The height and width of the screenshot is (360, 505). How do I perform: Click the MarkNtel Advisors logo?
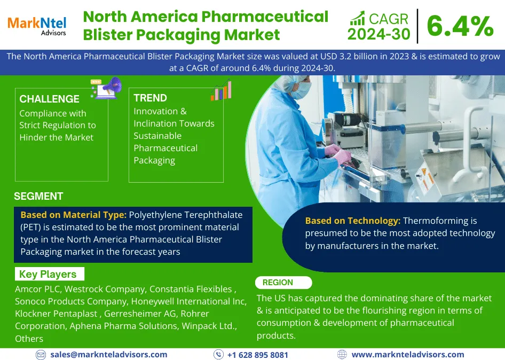[x=37, y=26]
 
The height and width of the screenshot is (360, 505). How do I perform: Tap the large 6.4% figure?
[x=460, y=26]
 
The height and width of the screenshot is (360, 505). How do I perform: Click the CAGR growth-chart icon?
[x=358, y=18]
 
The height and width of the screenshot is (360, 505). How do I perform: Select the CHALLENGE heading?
[x=49, y=99]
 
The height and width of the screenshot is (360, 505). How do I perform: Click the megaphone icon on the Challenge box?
[x=106, y=88]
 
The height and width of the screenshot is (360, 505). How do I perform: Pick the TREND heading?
[x=151, y=98]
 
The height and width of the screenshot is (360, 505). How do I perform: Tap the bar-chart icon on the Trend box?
[x=221, y=90]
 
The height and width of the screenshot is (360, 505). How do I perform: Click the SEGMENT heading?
[x=38, y=196]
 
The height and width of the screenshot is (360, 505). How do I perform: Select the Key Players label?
[x=48, y=274]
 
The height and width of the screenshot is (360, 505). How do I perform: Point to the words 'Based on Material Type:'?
[x=74, y=215]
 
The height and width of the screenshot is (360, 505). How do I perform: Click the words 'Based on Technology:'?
[x=353, y=221]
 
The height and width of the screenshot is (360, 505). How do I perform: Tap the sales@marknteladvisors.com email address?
[x=109, y=355]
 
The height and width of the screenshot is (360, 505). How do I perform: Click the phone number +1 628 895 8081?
[x=258, y=355]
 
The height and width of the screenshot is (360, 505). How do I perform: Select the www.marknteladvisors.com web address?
[x=408, y=355]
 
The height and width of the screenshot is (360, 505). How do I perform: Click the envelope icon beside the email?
[x=41, y=355]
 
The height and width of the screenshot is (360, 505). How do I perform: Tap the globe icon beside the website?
[x=342, y=355]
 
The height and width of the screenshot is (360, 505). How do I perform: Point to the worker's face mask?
[x=301, y=90]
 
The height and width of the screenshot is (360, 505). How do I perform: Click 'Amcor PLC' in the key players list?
[x=37, y=289]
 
